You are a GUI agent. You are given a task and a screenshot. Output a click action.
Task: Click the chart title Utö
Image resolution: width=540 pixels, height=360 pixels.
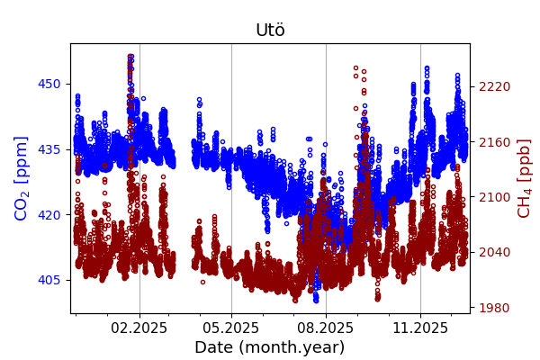click(x=270, y=30)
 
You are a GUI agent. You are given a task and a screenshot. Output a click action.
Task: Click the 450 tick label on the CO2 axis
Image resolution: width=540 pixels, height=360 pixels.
click(x=49, y=84)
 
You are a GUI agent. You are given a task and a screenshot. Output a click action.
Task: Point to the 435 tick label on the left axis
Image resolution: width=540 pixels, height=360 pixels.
click(x=49, y=149)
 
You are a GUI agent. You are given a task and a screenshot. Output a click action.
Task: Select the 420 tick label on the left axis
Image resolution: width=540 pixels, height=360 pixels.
click(x=49, y=215)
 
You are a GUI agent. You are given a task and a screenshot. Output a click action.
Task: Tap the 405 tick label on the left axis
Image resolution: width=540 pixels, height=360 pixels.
click(x=49, y=280)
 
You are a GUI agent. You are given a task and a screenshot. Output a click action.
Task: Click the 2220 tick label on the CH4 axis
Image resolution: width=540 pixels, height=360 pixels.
click(x=494, y=86)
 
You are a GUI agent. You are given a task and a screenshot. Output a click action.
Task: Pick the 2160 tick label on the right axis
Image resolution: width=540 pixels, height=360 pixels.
click(x=494, y=142)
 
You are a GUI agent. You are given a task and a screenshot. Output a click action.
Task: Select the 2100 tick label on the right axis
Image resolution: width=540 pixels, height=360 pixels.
click(x=494, y=197)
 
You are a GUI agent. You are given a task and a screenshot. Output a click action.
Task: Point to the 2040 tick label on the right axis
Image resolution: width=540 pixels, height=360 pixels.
click(x=494, y=253)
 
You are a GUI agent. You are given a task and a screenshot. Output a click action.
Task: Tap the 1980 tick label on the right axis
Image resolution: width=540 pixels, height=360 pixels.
click(x=494, y=308)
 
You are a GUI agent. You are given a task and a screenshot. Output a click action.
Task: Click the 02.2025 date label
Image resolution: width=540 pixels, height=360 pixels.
click(x=139, y=328)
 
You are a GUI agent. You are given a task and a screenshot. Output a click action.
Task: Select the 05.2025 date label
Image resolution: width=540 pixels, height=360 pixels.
click(x=231, y=328)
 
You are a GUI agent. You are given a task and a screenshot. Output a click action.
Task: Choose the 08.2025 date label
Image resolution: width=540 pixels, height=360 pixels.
click(x=326, y=328)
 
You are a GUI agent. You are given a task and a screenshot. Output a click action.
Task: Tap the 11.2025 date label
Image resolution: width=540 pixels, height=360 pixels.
click(x=420, y=328)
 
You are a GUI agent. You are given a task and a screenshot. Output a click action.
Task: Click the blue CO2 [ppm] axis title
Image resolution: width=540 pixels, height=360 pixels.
click(x=22, y=178)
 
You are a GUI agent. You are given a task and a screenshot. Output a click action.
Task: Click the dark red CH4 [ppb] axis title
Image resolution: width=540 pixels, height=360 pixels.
click(x=525, y=178)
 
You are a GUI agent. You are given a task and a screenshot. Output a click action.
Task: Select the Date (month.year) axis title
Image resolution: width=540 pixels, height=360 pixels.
click(x=269, y=347)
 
